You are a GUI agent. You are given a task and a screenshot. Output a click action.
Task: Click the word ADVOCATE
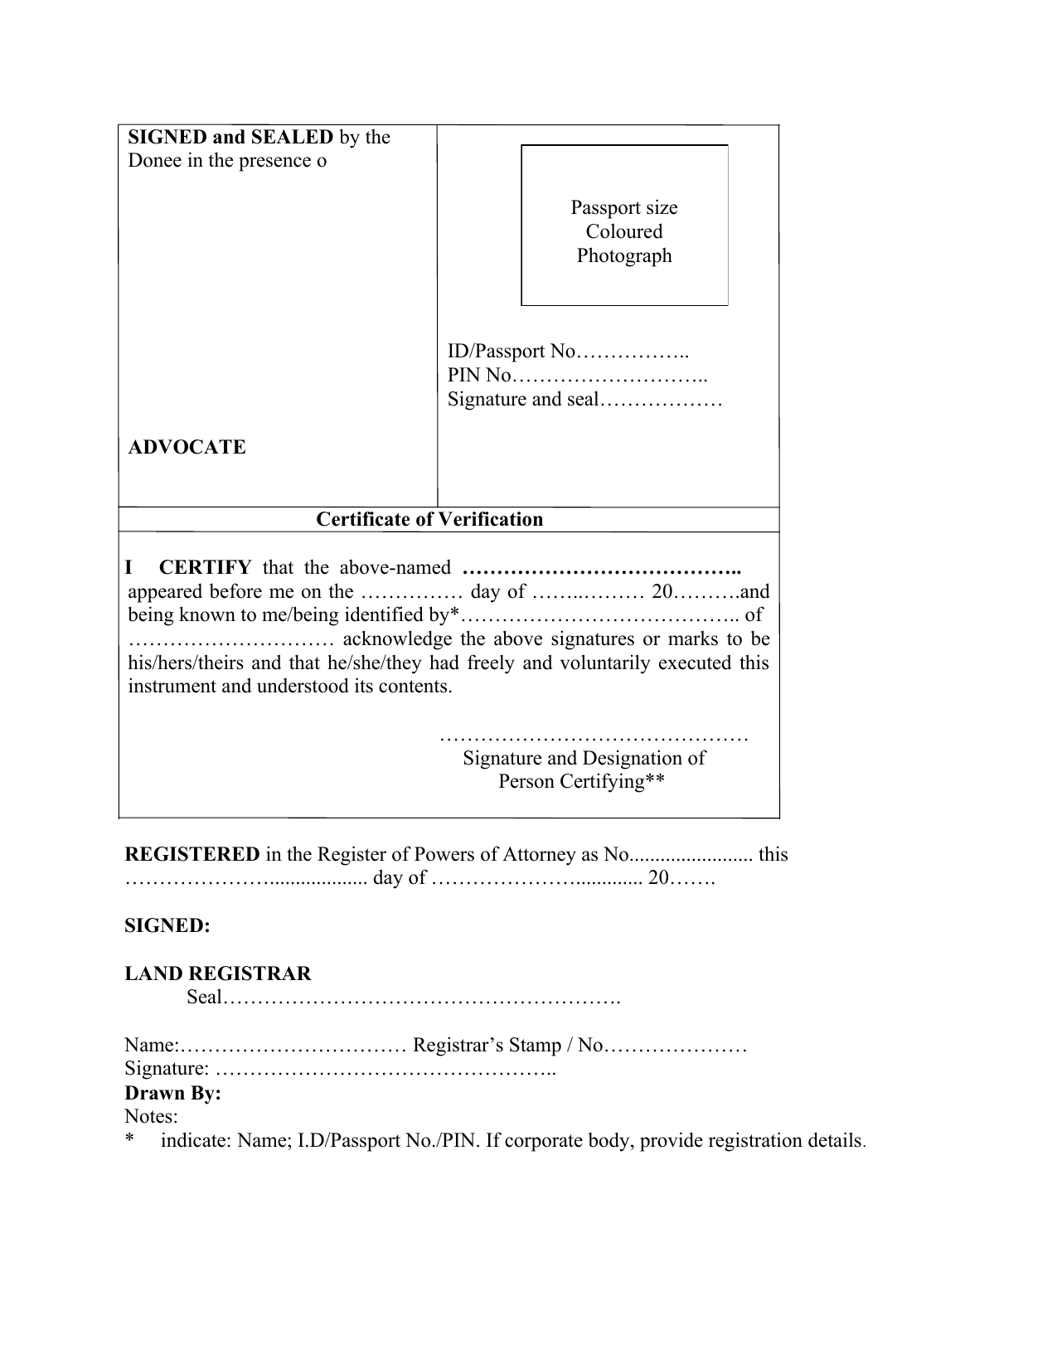pyautogui.click(x=187, y=448)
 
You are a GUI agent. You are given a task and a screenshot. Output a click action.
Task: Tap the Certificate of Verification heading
pyautogui.click(x=429, y=520)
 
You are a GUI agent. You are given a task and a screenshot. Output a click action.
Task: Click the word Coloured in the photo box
pyautogui.click(x=624, y=232)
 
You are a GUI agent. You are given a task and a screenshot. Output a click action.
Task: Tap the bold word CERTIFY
pyautogui.click(x=205, y=568)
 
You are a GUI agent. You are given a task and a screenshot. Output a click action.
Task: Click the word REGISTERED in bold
pyautogui.click(x=192, y=855)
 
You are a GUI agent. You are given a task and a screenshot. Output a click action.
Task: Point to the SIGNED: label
pyautogui.click(x=167, y=926)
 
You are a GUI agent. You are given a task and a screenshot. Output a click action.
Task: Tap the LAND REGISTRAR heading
pyautogui.click(x=218, y=974)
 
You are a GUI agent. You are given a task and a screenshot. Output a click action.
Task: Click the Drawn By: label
pyautogui.click(x=172, y=1094)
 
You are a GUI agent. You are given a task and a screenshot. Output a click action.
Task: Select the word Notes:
pyautogui.click(x=151, y=1117)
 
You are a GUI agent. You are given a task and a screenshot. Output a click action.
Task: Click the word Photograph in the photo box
pyautogui.click(x=624, y=256)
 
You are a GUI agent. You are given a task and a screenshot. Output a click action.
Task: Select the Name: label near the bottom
pyautogui.click(x=152, y=1046)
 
